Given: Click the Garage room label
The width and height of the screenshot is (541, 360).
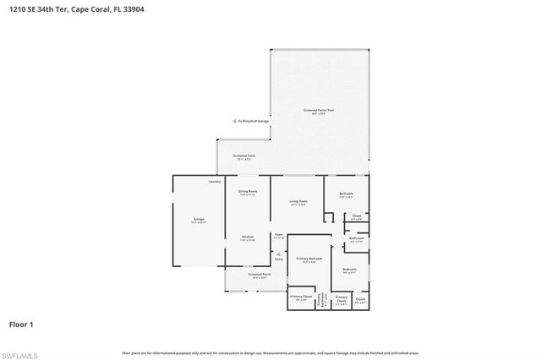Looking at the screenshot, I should [199, 220].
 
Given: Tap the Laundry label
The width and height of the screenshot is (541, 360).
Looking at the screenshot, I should [215, 182].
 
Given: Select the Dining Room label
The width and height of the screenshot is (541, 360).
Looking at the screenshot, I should [247, 194].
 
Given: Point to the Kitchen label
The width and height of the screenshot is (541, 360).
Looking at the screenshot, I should [247, 237].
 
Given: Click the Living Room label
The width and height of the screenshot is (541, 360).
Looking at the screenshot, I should [298, 202].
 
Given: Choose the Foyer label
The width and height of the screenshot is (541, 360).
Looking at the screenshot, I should [278, 236].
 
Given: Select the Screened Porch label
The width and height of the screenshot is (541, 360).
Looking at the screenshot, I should [260, 275].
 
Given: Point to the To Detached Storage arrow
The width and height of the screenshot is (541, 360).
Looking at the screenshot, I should [235, 121].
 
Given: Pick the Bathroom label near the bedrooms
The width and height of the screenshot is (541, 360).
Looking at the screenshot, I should [357, 239].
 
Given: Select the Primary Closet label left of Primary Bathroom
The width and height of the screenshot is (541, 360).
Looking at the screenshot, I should [301, 297].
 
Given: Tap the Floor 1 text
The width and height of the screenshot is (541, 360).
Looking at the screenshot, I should [21, 324].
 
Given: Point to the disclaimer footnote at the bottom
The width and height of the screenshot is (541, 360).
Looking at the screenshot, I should [270, 352].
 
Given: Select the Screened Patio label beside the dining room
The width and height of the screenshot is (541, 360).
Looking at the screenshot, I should [245, 156].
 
